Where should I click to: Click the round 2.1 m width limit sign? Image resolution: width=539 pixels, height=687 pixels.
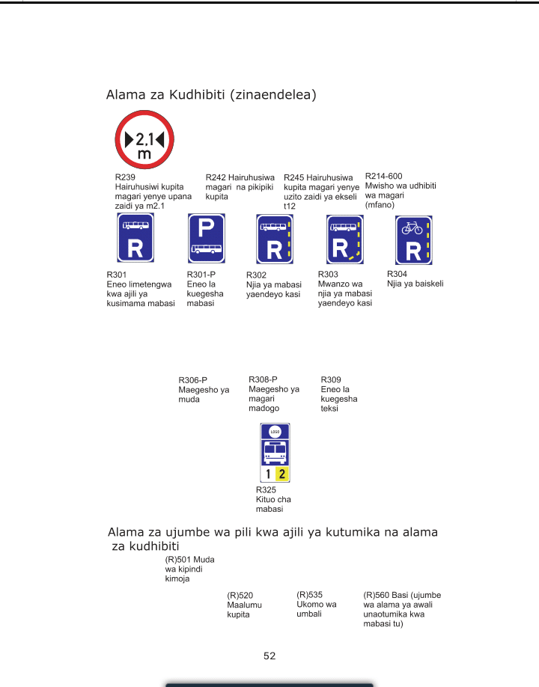coord(144,141)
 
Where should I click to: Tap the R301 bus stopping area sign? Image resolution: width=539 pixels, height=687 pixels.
coord(135,237)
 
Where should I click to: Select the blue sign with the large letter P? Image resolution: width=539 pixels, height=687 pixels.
coord(206,237)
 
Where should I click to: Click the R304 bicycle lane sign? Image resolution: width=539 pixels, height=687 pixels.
coord(413,239)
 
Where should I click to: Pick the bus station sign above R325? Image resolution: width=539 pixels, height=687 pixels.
coord(275,453)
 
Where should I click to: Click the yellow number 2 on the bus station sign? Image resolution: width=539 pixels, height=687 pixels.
coord(281,474)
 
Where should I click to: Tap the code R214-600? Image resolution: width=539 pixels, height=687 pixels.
coord(383,177)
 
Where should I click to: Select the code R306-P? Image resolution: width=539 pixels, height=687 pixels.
coord(192,380)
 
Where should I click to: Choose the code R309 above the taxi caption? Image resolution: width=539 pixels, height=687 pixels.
coord(331,380)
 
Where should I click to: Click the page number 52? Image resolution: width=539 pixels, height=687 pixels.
coord(269,656)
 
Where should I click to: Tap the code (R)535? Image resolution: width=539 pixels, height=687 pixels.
coord(309,594)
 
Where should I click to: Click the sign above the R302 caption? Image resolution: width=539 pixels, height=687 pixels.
coord(275,239)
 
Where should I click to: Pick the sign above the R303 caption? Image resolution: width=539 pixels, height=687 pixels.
coord(345,239)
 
